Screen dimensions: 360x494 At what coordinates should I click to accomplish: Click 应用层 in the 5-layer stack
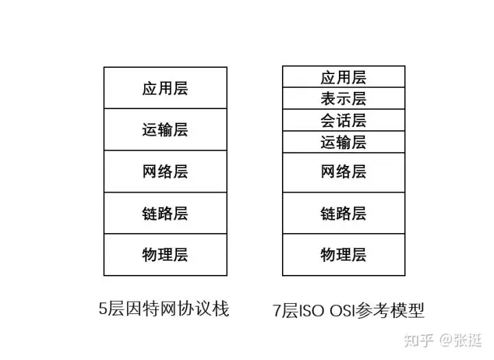[165, 88]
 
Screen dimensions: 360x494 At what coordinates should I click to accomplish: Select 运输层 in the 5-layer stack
[165, 130]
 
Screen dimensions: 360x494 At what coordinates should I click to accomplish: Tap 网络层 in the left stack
[165, 171]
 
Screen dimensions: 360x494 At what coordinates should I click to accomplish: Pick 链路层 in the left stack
[165, 213]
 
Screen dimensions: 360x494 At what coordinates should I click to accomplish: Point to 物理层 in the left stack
[165, 255]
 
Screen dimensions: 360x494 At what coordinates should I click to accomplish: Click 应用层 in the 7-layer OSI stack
[343, 77]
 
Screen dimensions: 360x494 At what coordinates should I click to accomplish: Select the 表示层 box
[343, 99]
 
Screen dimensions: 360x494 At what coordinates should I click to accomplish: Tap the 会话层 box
[343, 121]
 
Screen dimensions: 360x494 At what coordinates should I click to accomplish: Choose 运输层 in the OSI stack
[343, 142]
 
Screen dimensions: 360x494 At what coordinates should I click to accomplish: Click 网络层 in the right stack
[343, 172]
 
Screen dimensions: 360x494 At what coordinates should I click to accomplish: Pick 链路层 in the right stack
[343, 213]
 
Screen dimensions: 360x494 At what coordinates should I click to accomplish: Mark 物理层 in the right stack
[343, 255]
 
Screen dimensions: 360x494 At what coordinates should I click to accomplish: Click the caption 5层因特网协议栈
[163, 309]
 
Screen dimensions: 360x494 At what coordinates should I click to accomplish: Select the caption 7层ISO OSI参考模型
[348, 311]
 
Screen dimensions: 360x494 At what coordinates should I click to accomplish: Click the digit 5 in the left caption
[103, 310]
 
